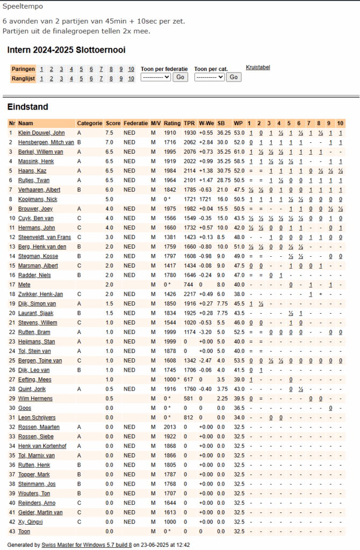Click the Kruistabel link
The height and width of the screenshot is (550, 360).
(x=258, y=67)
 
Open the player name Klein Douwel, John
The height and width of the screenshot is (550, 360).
(x=41, y=133)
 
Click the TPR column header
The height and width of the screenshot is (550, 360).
(x=189, y=123)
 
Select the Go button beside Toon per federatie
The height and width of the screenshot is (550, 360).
(x=180, y=77)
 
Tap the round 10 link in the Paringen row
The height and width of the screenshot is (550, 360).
(x=131, y=69)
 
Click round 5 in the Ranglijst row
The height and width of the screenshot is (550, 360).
(x=81, y=79)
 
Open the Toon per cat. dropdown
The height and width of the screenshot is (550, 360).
(x=209, y=77)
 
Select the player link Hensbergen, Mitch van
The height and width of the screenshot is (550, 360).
(x=46, y=142)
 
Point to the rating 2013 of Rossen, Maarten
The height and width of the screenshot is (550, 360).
(x=170, y=427)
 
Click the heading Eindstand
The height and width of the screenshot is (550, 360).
(x=27, y=107)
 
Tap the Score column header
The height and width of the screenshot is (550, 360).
(x=113, y=123)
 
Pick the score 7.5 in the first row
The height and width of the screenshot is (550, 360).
(x=109, y=133)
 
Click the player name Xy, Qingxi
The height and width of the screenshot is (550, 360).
(x=31, y=522)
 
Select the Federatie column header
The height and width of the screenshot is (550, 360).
(x=135, y=123)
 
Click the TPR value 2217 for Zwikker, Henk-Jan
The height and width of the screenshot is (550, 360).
(x=189, y=294)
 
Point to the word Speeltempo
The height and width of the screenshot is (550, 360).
(x=23, y=6)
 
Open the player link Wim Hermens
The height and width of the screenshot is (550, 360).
(x=35, y=399)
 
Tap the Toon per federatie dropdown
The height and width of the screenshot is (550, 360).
(x=155, y=77)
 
